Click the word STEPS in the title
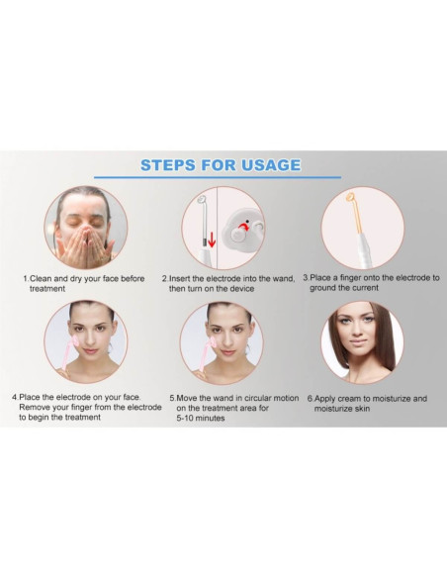coord(174,165)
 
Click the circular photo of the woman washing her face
coord(86,227)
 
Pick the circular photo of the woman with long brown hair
coord(361,341)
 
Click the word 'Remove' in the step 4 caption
coord(37,408)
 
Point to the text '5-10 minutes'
coord(201,419)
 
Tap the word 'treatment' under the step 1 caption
coord(47,289)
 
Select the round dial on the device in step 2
coord(243,228)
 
